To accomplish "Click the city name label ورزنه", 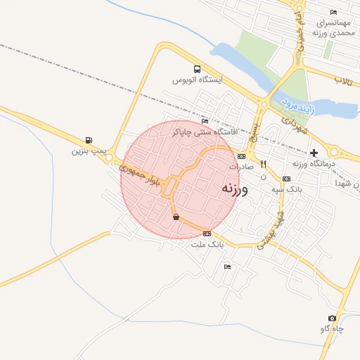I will (x=234, y=188).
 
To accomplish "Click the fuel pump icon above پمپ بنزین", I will (x=88, y=140).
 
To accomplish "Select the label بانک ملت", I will (x=207, y=245).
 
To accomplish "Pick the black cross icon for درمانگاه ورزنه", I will (x=314, y=153).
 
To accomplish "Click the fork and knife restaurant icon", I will (x=263, y=164).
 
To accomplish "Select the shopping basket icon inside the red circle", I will (x=175, y=217).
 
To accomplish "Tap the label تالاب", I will (x=344, y=81).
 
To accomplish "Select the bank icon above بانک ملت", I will (x=207, y=234).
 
